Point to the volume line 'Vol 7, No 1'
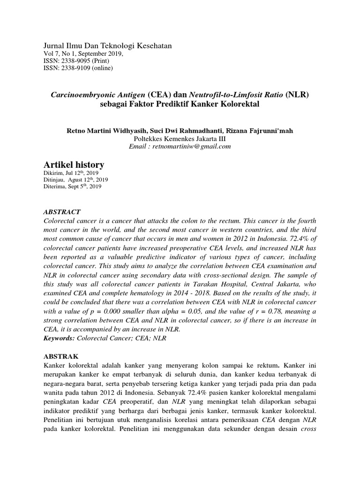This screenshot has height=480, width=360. click(x=59, y=53)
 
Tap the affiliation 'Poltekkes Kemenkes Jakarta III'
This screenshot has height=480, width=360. click(x=180, y=138)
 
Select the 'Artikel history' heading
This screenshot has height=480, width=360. click(x=73, y=165)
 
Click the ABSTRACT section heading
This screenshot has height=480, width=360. click(x=62, y=211)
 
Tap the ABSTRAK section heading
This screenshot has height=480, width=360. click(x=60, y=355)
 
